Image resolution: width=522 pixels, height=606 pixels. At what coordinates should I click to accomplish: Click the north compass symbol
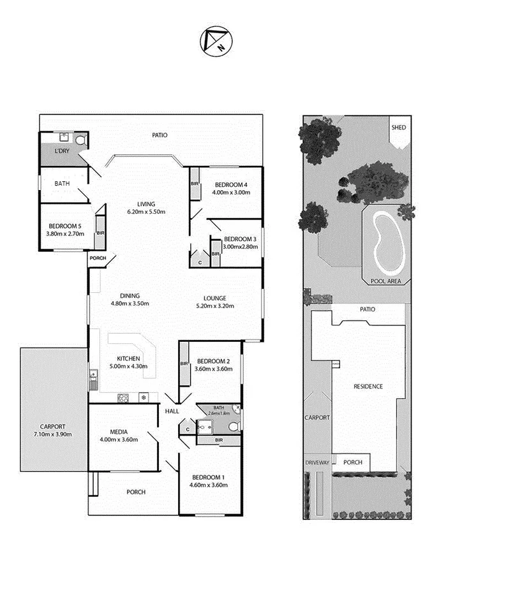(217, 40)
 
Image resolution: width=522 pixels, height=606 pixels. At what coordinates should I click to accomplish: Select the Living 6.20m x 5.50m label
(146, 208)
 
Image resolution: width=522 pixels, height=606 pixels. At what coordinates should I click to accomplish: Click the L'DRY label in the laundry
(62, 151)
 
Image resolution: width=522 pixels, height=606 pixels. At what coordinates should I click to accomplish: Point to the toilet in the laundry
(80, 140)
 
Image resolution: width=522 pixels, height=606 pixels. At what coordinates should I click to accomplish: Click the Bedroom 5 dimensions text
(65, 233)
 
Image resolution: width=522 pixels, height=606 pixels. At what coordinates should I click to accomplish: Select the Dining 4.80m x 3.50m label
(130, 299)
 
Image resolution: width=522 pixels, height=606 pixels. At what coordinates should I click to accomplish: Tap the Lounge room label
(214, 298)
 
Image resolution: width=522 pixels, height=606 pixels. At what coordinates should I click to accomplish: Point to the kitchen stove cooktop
(124, 398)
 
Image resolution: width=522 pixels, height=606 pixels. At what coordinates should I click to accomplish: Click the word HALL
(172, 412)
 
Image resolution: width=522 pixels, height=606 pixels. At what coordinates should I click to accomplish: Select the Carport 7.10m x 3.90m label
(52, 430)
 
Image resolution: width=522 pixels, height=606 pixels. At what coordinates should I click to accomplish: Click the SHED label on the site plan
(398, 128)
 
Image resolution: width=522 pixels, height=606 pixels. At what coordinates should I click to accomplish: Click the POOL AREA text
(385, 281)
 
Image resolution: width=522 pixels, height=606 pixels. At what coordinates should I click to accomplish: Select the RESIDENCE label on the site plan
(368, 386)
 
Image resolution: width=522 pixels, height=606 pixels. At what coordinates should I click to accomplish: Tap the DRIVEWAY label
(317, 462)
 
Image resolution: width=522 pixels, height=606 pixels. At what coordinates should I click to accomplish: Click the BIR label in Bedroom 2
(184, 364)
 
